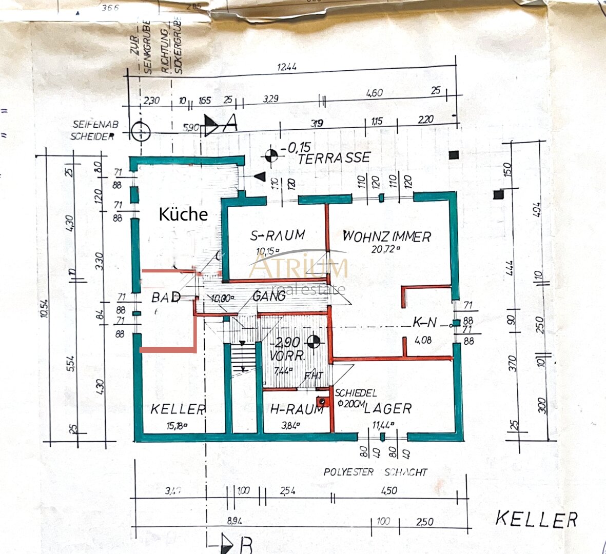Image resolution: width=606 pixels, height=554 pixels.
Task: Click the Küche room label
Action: point(183,214)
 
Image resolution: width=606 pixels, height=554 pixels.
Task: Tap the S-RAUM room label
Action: point(277,235)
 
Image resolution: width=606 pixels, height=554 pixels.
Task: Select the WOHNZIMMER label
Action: point(386,236)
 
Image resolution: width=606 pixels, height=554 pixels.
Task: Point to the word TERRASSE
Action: point(334,157)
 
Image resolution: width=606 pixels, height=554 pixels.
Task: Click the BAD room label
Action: point(166,297)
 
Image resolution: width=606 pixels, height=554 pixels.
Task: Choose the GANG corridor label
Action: point(269,296)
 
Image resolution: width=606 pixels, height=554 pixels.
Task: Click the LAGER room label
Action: point(388,408)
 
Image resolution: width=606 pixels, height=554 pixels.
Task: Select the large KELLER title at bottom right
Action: point(536,519)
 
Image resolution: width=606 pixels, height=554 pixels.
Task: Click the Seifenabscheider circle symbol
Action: point(140,132)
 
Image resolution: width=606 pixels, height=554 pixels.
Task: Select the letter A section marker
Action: point(231,122)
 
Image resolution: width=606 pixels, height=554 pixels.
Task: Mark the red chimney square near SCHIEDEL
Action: point(322,401)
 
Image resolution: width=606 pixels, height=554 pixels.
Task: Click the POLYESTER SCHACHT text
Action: point(375,472)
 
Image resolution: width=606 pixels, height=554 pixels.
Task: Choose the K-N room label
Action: point(425,322)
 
